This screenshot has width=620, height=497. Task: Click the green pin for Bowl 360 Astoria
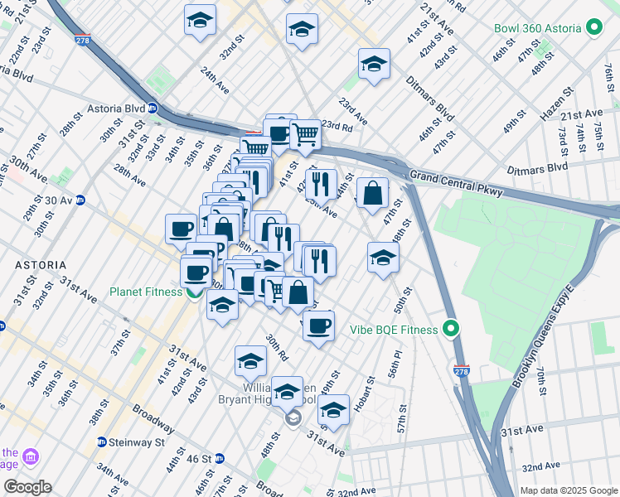593,28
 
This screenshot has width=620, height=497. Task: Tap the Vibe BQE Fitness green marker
451,330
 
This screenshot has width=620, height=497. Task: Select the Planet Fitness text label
146,292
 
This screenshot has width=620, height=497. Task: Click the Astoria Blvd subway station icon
153,109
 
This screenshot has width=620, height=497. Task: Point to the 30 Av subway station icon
80,200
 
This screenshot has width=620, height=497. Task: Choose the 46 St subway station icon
220,458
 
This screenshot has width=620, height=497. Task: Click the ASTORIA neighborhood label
40,265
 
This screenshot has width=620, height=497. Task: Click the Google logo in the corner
27,486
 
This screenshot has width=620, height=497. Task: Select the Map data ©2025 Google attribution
568,490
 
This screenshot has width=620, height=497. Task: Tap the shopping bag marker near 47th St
374,193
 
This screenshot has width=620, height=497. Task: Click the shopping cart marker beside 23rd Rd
306,133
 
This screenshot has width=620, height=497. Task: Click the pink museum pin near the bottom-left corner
31,457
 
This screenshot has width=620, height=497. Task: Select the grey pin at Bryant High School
293,420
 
